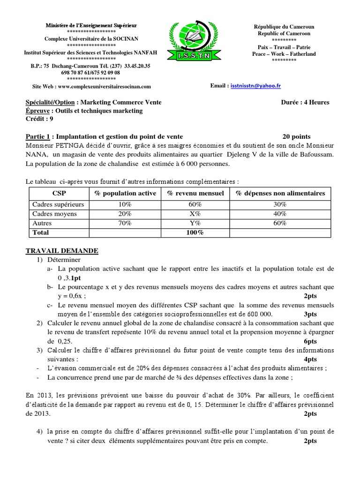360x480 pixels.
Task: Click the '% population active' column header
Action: click(125, 194)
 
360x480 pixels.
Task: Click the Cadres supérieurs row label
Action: click(58, 204)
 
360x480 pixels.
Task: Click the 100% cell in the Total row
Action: click(195, 232)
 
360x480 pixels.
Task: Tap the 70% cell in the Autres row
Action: click(125, 223)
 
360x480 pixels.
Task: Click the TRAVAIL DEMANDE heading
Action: click(61, 251)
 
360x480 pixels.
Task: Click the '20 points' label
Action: click(296, 136)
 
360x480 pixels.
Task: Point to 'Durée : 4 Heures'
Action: click(305, 103)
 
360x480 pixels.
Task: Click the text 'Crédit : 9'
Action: click(39, 119)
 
